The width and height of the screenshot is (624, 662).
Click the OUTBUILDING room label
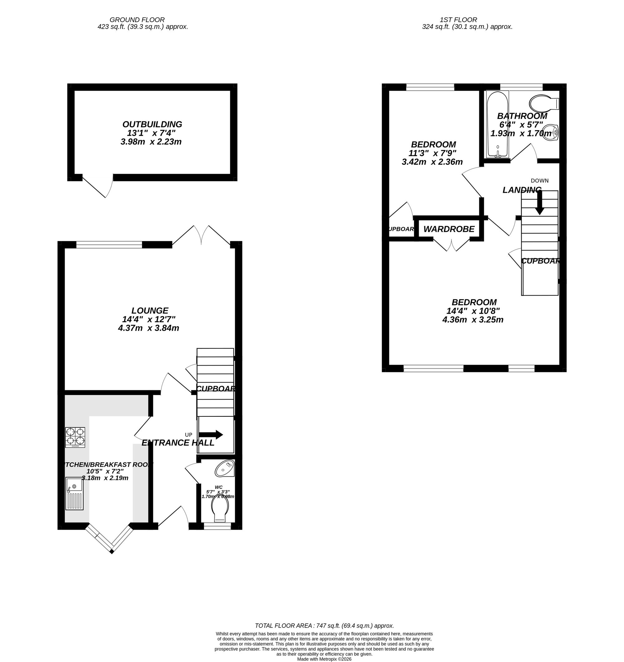[152, 124]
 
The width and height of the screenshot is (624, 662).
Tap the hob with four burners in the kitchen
[75, 437]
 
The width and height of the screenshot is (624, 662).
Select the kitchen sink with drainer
[74, 494]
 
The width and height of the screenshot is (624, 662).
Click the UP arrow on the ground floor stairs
[210, 435]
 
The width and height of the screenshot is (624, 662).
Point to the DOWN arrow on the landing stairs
[539, 202]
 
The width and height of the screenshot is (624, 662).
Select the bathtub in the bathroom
[497, 124]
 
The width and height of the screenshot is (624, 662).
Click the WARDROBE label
[449, 229]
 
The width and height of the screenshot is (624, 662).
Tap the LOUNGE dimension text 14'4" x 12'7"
[149, 319]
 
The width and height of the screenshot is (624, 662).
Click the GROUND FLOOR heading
[137, 20]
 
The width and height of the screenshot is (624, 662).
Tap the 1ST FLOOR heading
[458, 20]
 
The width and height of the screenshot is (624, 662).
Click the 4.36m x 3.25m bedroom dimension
[473, 320]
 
